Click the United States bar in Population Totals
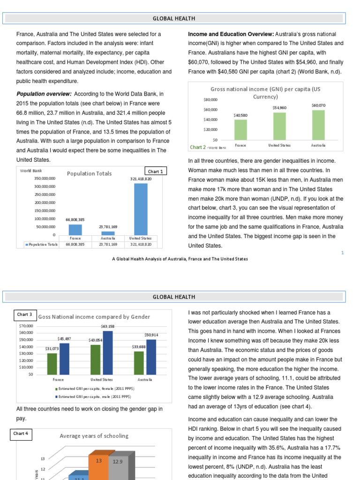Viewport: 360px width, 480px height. click(141, 209)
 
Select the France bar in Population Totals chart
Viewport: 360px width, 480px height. click(75, 229)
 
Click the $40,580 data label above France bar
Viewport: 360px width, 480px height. click(240, 115)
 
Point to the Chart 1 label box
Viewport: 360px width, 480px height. click(155, 172)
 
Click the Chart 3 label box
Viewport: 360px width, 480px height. click(24, 315)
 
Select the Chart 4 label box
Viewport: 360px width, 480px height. click(21, 434)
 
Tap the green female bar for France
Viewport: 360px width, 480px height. click(52, 364)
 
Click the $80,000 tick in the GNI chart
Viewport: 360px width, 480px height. click(210, 99)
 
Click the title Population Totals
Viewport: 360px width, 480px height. click(90, 173)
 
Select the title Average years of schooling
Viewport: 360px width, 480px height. click(94, 436)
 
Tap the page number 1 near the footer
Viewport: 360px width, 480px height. click(342, 253)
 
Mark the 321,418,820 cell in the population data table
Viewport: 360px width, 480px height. click(141, 244)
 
